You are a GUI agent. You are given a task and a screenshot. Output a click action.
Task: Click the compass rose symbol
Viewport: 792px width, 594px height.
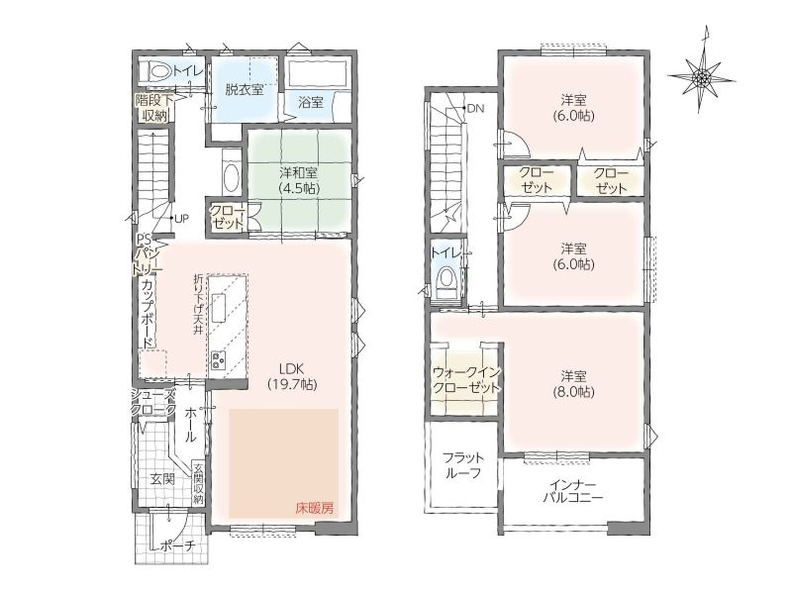click(x=701, y=77)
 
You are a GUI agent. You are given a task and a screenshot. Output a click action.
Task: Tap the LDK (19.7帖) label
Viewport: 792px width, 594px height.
click(x=292, y=376)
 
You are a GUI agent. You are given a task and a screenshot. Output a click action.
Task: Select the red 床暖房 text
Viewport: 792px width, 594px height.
click(x=315, y=508)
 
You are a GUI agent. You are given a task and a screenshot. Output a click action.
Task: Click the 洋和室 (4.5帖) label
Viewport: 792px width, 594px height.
click(x=299, y=180)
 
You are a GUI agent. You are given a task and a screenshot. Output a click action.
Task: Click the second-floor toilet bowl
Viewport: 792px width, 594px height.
click(x=446, y=278)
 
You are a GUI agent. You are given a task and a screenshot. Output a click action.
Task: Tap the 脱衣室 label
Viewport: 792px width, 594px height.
click(x=244, y=90)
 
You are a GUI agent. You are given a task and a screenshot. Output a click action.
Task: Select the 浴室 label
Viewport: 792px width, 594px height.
click(x=311, y=103)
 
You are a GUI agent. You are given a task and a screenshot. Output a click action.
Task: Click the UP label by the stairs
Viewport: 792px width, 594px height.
click(x=181, y=219)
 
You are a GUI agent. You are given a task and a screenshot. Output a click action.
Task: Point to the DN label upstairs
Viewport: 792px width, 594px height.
click(x=476, y=108)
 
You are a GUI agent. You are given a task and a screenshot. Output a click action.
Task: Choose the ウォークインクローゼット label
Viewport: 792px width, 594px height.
click(x=465, y=380)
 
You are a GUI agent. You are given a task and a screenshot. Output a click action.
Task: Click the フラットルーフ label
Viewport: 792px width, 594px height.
click(x=463, y=465)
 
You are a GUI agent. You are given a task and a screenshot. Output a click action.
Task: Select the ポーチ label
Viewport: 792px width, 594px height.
click(x=178, y=546)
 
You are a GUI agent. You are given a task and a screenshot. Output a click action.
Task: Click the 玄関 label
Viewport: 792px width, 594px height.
click(x=162, y=478)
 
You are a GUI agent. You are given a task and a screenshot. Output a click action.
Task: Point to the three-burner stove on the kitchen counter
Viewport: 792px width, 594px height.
click(x=219, y=360)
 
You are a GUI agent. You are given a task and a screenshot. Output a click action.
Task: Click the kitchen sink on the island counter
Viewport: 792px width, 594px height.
click(x=218, y=308)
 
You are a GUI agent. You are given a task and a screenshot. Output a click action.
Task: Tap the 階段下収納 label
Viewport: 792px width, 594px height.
click(x=154, y=108)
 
